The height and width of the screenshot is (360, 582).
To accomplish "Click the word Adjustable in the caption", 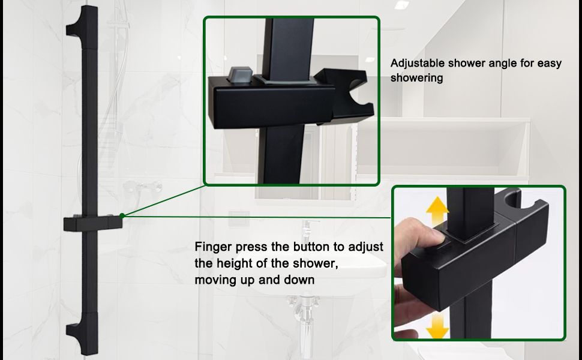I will tap(418, 63).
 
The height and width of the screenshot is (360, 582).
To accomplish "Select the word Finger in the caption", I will tap(211, 247).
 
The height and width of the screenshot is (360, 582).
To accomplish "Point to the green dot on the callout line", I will tap(122, 215).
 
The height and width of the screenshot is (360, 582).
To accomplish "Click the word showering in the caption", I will tap(416, 78).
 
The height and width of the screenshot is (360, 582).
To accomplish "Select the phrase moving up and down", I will tap(254, 280).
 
